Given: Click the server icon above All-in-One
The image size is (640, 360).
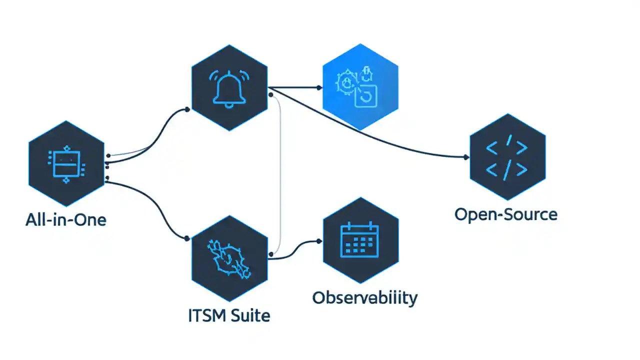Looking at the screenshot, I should pyautogui.click(x=66, y=163).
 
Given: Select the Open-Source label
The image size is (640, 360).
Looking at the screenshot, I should pyautogui.click(x=505, y=214).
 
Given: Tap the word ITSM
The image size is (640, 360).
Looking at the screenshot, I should pyautogui.click(x=206, y=315).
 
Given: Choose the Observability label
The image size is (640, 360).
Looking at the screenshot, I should pyautogui.click(x=364, y=297).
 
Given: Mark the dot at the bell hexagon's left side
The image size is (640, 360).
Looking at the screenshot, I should pyautogui.click(x=187, y=109).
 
